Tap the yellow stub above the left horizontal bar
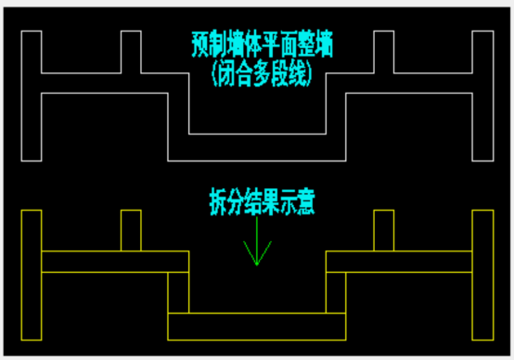(x=131, y=231)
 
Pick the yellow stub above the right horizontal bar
(x=383, y=231)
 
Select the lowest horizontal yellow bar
(x=257, y=326)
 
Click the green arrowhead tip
(x=257, y=265)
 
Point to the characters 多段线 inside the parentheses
(x=279, y=72)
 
